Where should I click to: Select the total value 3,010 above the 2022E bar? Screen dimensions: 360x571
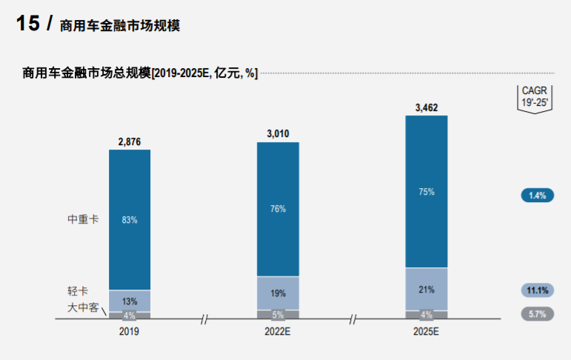tap(278, 134)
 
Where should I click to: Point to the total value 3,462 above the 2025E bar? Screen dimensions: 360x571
tap(427, 107)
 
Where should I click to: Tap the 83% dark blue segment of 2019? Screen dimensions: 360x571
tap(130, 220)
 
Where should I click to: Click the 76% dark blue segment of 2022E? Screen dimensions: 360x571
tap(278, 209)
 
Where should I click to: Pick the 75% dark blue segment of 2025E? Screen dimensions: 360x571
tap(427, 191)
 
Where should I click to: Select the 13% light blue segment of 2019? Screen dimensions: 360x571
tap(130, 301)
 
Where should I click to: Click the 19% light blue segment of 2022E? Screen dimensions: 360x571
tap(278, 293)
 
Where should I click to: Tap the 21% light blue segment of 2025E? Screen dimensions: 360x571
tap(427, 289)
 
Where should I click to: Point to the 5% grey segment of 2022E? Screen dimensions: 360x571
tap(278, 315)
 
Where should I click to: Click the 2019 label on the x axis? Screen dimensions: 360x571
tap(129, 333)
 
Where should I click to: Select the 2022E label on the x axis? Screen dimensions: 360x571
tap(278, 333)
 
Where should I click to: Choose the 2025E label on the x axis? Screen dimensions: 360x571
tap(427, 333)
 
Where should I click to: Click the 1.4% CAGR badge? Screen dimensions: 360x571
tap(537, 196)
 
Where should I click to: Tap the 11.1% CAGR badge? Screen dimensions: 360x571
tap(537, 290)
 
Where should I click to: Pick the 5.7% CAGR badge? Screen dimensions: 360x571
tap(537, 314)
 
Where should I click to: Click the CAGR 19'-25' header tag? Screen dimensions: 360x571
tap(534, 98)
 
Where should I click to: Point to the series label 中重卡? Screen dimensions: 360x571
tap(83, 220)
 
